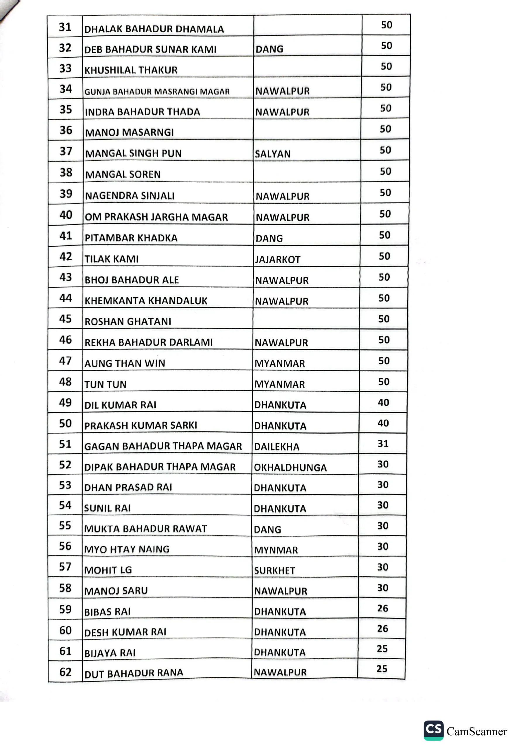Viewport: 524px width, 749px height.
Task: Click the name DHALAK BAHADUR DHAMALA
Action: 154,29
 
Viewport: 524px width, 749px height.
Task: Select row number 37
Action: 66,151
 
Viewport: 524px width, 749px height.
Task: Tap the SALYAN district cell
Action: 272,154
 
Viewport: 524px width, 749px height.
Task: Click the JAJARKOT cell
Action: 277,259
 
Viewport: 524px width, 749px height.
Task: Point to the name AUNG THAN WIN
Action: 125,363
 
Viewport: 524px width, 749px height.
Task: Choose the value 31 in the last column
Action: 383,443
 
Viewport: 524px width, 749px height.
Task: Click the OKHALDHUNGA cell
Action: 290,468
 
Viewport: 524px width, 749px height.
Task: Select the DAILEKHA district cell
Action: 276,446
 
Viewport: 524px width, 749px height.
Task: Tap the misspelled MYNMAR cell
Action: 276,550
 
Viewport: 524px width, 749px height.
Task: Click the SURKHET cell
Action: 274,571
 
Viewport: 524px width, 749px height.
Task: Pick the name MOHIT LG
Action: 108,570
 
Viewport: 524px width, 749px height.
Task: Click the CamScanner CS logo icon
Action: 433,730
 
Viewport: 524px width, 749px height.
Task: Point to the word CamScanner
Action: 476,731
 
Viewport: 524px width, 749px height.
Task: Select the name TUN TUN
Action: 105,384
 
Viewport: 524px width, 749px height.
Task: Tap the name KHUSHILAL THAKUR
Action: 131,70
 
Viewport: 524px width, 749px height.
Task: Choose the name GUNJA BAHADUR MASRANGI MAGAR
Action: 157,92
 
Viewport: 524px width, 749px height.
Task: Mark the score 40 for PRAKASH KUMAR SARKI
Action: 383,423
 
